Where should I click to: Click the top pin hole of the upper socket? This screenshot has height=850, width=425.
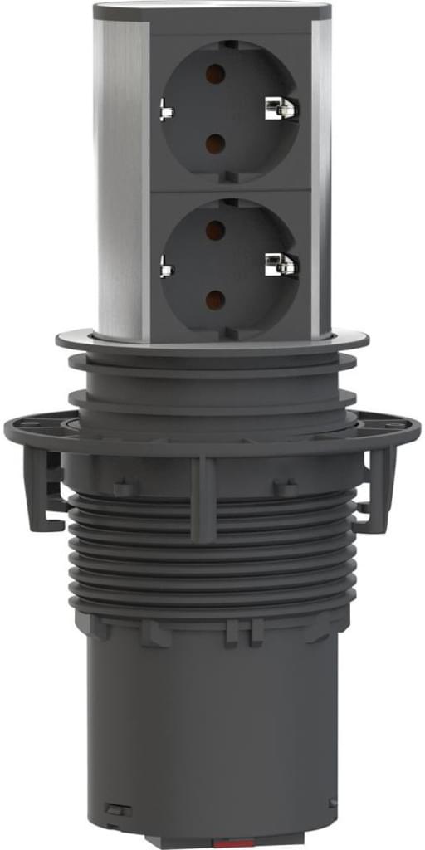tap(214, 71)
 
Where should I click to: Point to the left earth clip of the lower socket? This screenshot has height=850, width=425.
tap(165, 266)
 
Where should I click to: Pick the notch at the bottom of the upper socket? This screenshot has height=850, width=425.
tap(226, 177)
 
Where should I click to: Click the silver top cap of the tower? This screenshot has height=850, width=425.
tap(212, 12)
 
